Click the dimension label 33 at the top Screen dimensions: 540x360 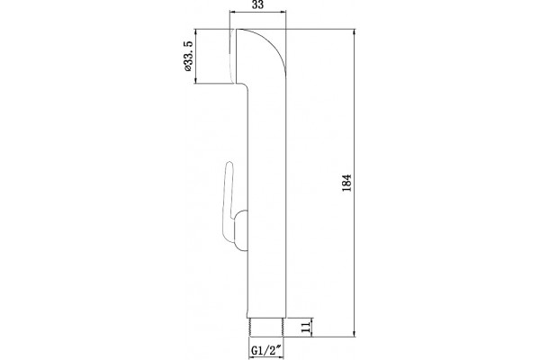click(x=258, y=4)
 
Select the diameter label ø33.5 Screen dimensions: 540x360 click(x=188, y=56)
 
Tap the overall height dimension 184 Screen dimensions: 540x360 click(x=346, y=183)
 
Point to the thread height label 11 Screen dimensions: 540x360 click(x=305, y=327)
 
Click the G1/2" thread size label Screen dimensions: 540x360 click(x=267, y=350)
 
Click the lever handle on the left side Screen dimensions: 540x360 click(x=229, y=202)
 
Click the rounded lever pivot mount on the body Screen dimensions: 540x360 click(x=240, y=230)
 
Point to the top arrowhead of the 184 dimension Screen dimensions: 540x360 click(x=354, y=32)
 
